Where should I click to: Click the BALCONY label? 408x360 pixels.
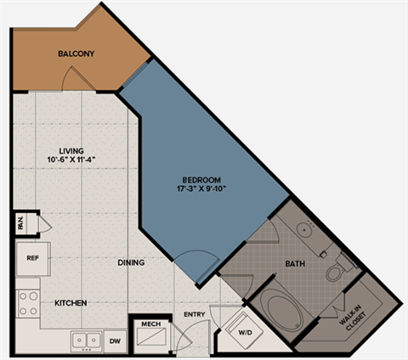coord(76,54)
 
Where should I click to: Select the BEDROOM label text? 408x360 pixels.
coord(201,179)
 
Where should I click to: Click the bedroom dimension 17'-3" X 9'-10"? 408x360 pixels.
coord(201,189)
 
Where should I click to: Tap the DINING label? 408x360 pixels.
coord(131,262)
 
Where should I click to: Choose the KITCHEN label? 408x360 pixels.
coord(72,303)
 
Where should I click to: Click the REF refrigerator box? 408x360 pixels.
coord(33,258)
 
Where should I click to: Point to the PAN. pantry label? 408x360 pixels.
coord(20,224)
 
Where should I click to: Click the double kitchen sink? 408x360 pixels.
coord(85,340)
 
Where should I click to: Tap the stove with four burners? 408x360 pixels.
coord(28,303)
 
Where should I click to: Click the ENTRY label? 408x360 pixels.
coord(195,315)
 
